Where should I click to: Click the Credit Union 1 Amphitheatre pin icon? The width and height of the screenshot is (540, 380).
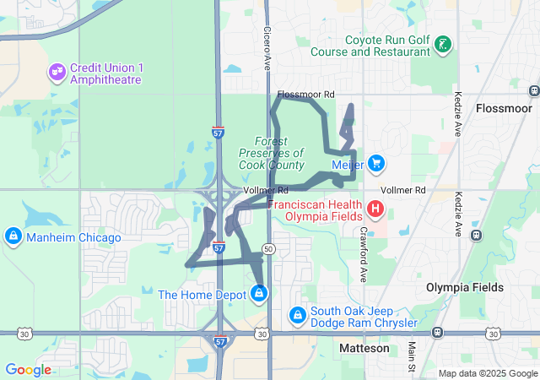pyautogui.click(x=57, y=72)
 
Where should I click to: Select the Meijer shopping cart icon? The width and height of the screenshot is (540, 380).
pyautogui.click(x=376, y=163)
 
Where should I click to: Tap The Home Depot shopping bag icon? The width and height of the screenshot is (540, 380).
pyautogui.click(x=259, y=293)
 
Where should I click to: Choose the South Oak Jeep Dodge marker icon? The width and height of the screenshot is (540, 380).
pyautogui.click(x=297, y=315)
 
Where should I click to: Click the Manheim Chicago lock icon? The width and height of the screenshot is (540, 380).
pyautogui.click(x=13, y=236)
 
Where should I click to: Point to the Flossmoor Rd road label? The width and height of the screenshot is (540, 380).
pyautogui.click(x=305, y=95)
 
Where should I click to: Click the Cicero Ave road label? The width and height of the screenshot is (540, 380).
pyautogui.click(x=267, y=46)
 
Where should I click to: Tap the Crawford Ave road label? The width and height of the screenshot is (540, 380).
pyautogui.click(x=364, y=254)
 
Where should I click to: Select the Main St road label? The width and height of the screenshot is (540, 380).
pyautogui.click(x=411, y=356)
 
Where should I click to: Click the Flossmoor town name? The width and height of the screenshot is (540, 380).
pyautogui.click(x=504, y=109)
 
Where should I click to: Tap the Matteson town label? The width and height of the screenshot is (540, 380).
pyautogui.click(x=364, y=348)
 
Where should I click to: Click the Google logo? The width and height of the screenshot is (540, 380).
pyautogui.click(x=28, y=369)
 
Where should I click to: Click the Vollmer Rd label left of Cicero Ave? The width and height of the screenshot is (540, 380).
pyautogui.click(x=265, y=191)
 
